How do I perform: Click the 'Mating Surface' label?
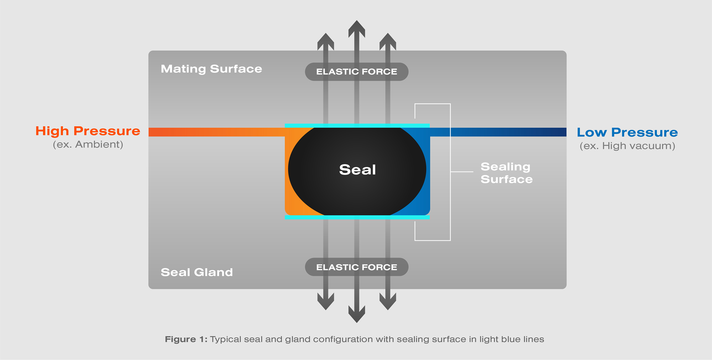(211, 69)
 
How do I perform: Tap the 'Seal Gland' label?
(197, 272)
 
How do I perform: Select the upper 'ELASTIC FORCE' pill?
(356, 72)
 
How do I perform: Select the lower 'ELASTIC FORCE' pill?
(356, 267)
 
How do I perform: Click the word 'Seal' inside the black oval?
(357, 169)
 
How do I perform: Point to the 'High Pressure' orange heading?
(88, 131)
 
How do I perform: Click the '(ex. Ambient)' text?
(88, 145)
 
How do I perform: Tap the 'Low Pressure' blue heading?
(627, 132)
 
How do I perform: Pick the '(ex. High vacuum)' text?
(627, 146)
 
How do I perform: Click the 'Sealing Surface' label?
(506, 173)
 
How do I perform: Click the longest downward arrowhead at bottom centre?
(357, 315)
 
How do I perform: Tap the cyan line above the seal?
(357, 126)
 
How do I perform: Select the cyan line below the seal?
(357, 217)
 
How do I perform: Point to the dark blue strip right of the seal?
(506, 132)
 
